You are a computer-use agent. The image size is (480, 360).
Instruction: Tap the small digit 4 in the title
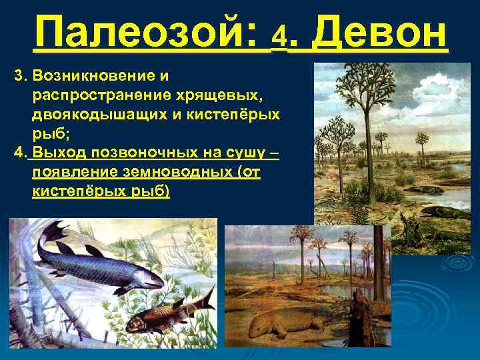[x=280, y=41]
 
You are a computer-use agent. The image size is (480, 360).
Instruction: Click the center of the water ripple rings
[x=460, y=263]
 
